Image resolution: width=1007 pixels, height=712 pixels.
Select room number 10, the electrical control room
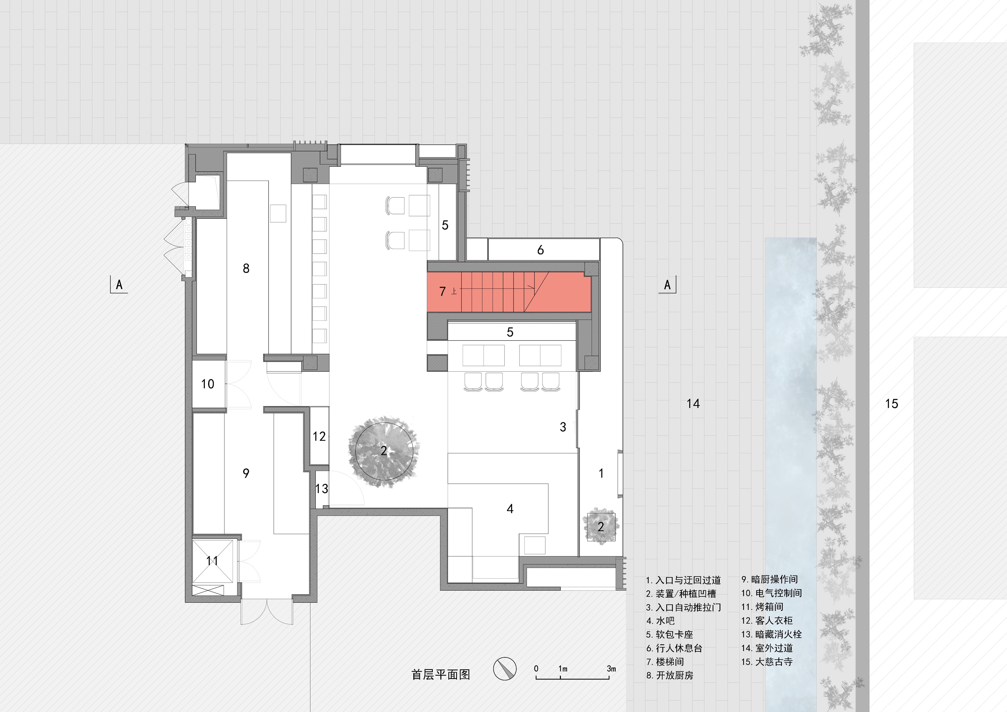[207, 384]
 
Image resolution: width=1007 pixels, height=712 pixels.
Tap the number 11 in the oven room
[212, 561]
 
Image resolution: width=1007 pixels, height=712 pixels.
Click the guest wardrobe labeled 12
[319, 436]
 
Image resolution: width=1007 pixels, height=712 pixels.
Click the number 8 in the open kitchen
[246, 268]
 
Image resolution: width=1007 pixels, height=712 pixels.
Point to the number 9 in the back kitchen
[246, 473]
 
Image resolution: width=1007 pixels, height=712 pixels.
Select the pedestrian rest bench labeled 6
[540, 250]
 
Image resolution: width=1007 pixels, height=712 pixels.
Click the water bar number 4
[510, 509]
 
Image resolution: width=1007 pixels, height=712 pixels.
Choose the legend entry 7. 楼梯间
[665, 662]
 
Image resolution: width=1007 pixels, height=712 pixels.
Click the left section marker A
[119, 285]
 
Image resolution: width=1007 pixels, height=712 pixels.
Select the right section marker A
[667, 285]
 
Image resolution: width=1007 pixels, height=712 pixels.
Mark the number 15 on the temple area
[891, 404]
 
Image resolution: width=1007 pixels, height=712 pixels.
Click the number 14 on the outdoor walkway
[693, 404]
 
